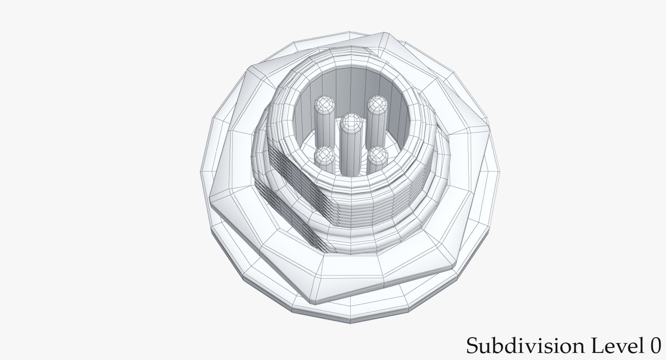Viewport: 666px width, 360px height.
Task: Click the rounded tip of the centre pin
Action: (351, 121)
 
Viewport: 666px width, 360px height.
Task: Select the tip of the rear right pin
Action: (377, 103)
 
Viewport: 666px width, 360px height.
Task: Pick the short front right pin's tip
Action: (377, 155)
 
